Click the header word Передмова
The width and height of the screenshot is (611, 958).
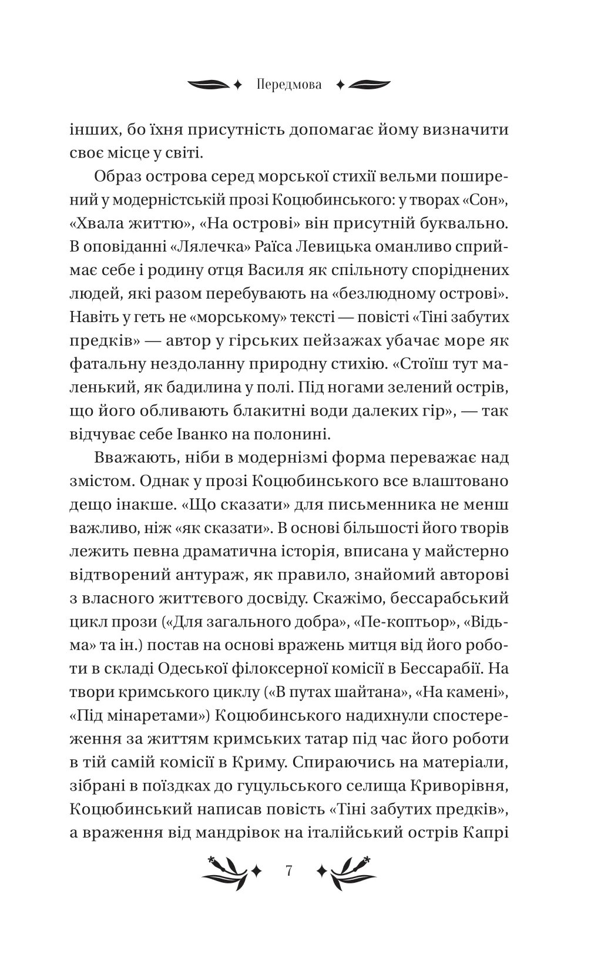(289, 85)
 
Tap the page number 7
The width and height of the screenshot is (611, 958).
(288, 870)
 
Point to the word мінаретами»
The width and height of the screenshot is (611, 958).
(136, 716)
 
